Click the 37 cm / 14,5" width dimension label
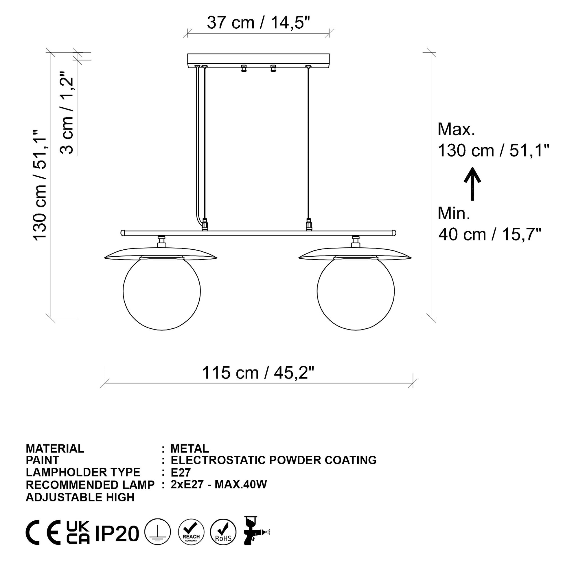[x=258, y=23]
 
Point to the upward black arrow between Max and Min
[x=472, y=184]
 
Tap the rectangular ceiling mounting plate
[x=258, y=59]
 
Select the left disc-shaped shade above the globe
[x=161, y=254]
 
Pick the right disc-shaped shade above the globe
[x=355, y=254]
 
